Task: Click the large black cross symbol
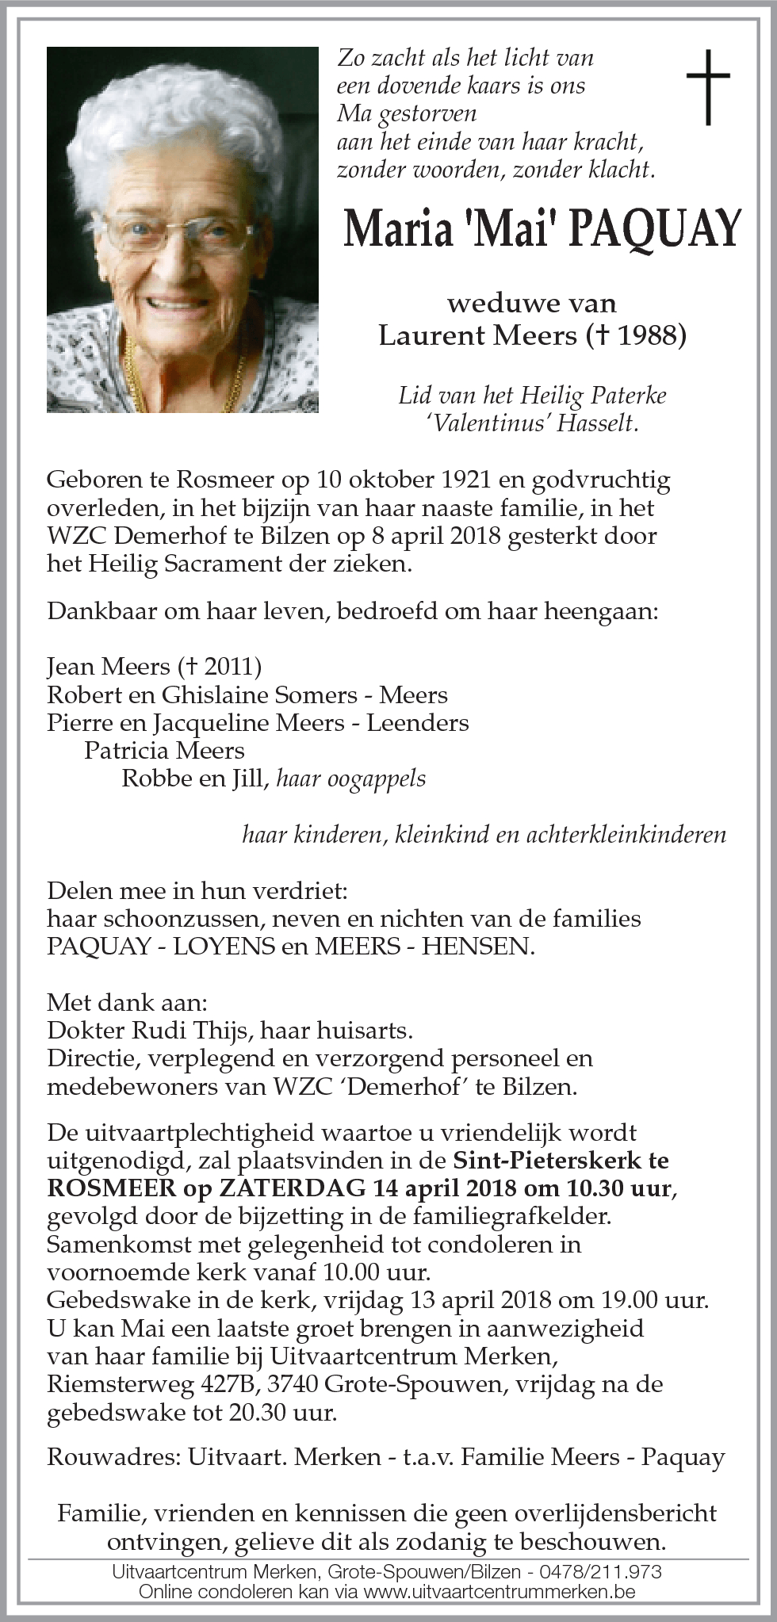[x=707, y=86]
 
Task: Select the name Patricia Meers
[x=164, y=750]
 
